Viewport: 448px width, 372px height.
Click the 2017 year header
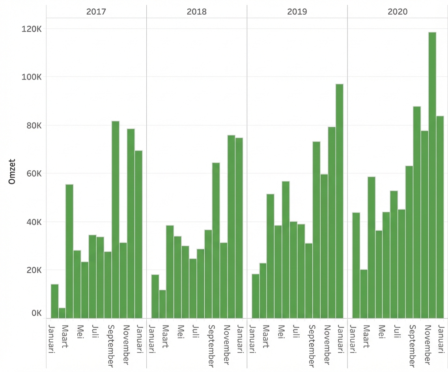click(96, 11)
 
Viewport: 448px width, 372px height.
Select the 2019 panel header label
click(297, 11)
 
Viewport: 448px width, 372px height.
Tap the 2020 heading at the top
click(398, 11)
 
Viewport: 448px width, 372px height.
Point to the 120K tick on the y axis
click(32, 29)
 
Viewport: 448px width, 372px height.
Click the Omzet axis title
click(12, 174)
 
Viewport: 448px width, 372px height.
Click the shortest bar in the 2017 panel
click(62, 313)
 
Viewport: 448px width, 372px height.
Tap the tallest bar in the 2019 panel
click(340, 201)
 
